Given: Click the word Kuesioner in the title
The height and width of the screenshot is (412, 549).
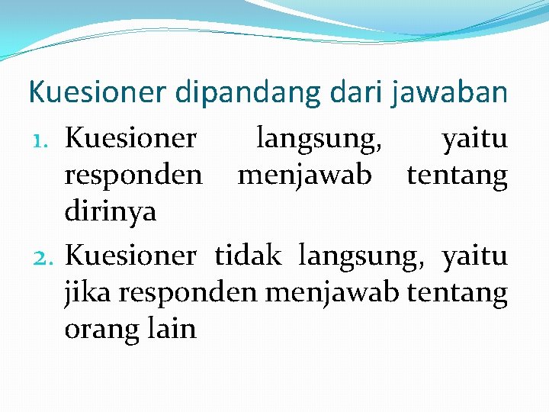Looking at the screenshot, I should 96,93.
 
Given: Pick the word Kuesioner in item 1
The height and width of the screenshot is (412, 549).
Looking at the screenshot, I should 130,139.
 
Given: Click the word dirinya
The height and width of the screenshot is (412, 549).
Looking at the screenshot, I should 111,212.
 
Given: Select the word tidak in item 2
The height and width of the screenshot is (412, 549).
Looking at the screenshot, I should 247,256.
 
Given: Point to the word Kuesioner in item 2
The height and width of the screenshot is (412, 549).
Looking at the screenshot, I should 130,256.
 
